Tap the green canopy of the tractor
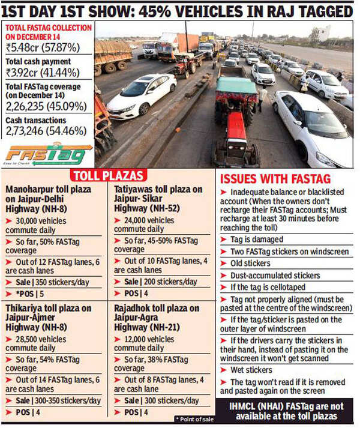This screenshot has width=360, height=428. [236, 84]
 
